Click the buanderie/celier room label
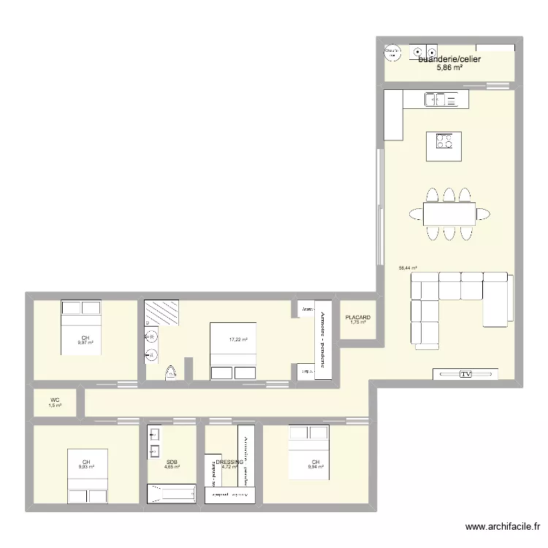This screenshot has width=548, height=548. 449,58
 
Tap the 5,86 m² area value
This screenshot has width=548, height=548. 449,68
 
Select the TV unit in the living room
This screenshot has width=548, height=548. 465,374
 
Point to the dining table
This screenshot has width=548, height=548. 449,213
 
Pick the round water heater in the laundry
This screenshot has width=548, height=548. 393,51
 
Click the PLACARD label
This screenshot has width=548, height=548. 358,317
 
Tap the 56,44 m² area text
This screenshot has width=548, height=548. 408,268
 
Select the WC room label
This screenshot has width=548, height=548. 55,400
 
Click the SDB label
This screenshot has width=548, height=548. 172,462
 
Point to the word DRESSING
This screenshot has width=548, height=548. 229,462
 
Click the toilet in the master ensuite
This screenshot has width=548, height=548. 172,373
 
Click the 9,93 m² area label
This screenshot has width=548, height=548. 86,468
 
